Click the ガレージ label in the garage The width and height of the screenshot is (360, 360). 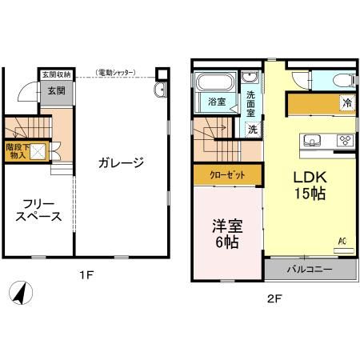[121, 163]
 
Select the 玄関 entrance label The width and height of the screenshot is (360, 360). [55, 91]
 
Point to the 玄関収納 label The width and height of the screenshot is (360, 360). [55, 74]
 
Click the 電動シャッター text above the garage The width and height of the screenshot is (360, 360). [117, 73]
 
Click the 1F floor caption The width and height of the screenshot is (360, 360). [86, 275]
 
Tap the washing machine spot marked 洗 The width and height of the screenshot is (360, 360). [251, 129]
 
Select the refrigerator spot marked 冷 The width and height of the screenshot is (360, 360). [346, 102]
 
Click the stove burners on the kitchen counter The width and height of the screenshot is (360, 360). [346, 141]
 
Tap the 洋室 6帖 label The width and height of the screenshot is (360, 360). [226, 232]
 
